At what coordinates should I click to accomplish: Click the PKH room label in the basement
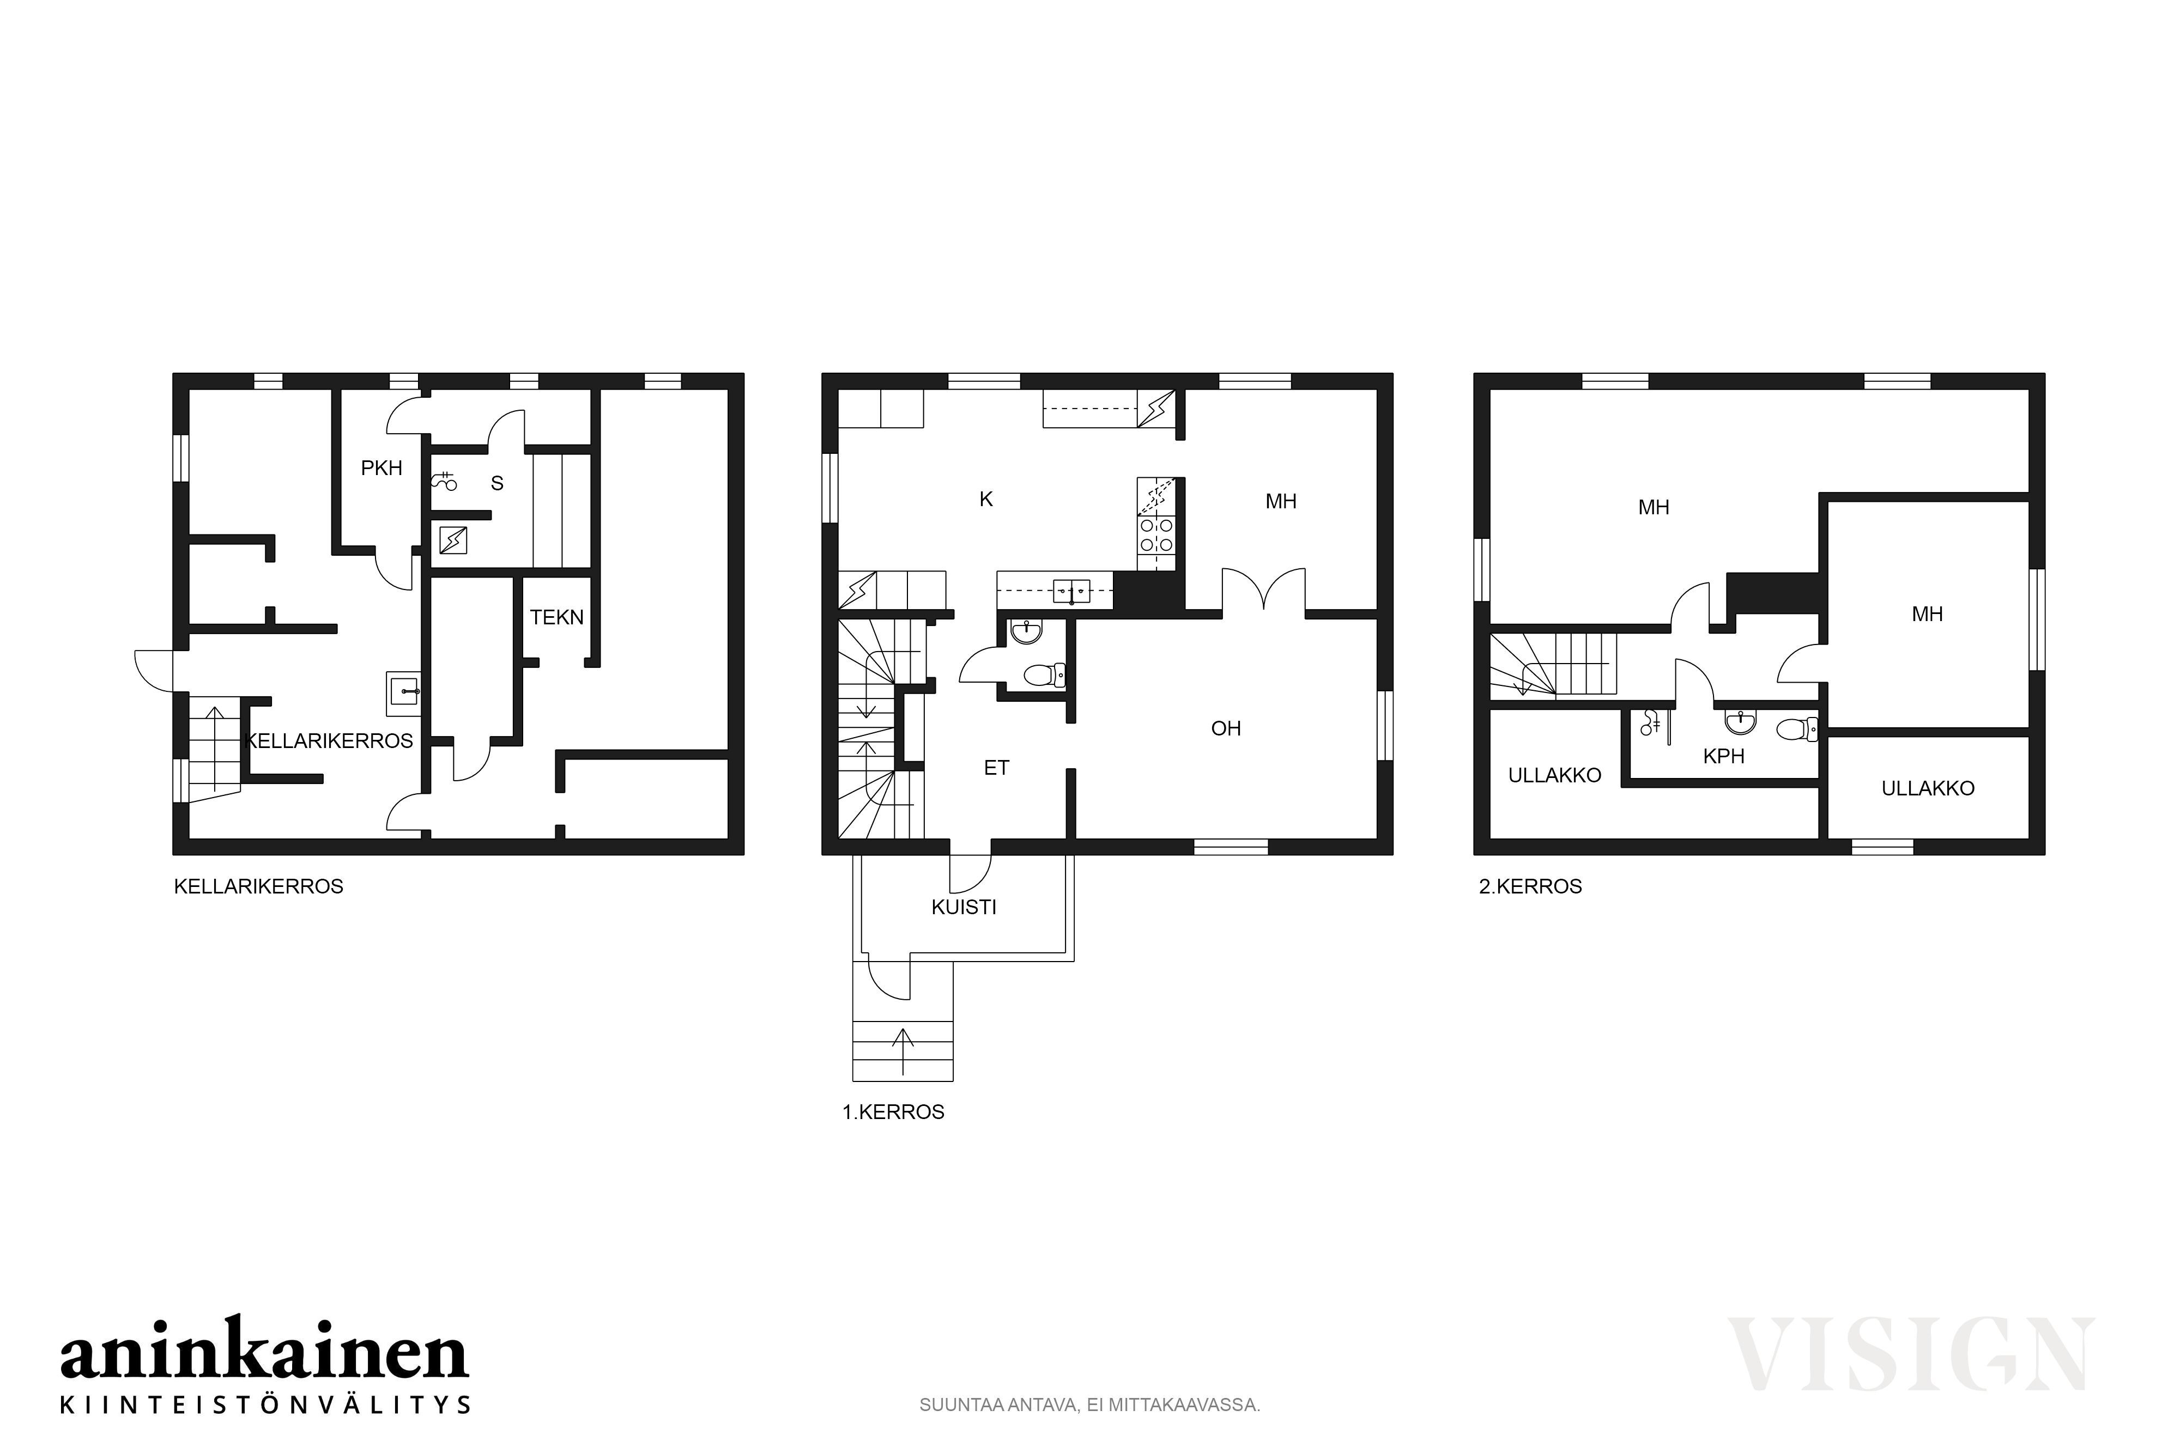tap(382, 468)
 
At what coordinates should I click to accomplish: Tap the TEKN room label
tap(557, 617)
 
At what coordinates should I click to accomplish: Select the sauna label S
tap(498, 483)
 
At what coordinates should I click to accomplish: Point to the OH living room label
tap(1226, 728)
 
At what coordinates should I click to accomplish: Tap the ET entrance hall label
tap(996, 767)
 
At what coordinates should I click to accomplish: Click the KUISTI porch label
tap(964, 907)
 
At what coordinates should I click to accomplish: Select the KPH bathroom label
tap(1724, 756)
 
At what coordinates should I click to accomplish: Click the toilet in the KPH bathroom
tap(1797, 729)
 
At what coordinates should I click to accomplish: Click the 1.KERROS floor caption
tap(893, 1112)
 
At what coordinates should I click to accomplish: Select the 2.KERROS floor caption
tap(1530, 886)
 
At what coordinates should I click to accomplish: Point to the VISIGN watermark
tap(1910, 1355)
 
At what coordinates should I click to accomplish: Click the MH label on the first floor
tap(1281, 501)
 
